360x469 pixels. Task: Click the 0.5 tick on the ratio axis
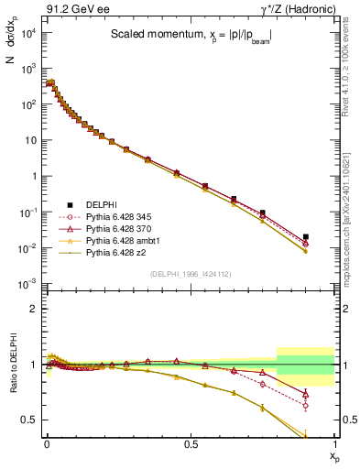(29, 420)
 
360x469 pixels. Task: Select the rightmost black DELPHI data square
(305, 236)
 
